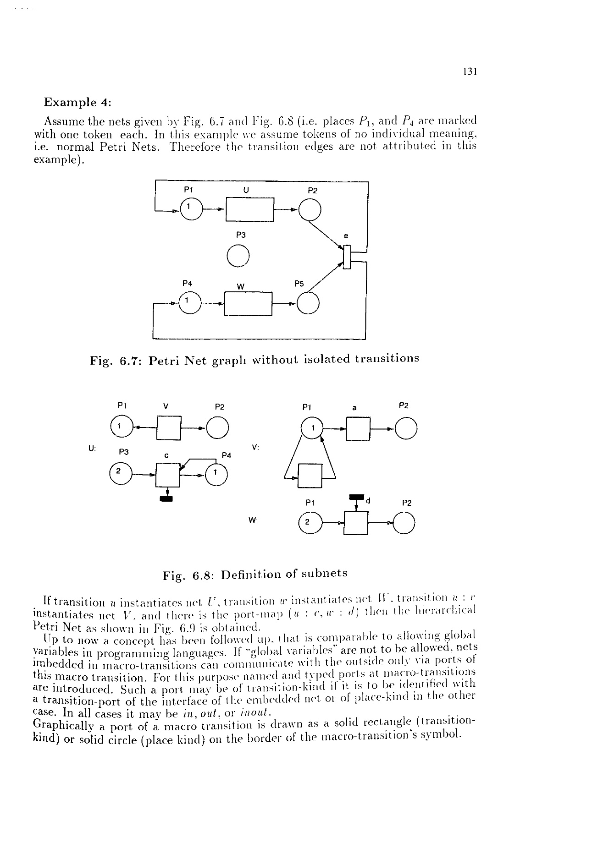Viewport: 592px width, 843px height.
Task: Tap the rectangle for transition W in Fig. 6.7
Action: [248, 304]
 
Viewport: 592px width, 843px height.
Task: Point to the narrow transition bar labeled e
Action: [347, 257]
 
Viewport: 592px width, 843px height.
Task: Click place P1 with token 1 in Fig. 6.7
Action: [191, 209]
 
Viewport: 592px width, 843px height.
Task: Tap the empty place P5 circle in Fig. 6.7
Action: [308, 303]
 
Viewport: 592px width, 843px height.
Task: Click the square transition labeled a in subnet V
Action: [358, 429]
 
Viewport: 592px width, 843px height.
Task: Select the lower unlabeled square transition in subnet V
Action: [310, 476]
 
